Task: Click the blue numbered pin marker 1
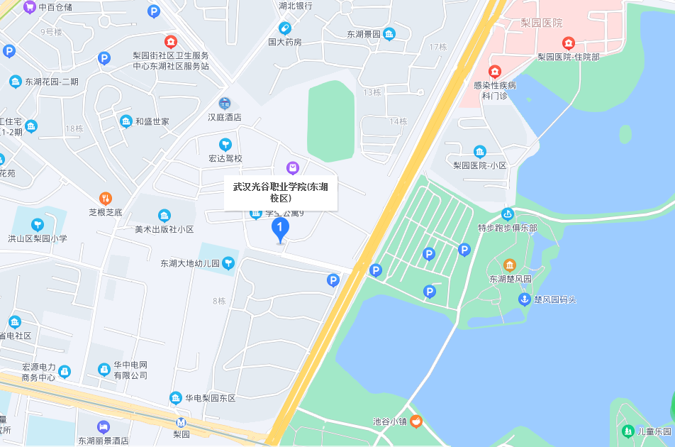tap(281, 228)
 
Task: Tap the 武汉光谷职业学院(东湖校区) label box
tap(281, 192)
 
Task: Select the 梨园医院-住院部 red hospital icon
tap(568, 43)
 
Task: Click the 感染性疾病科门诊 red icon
tap(494, 72)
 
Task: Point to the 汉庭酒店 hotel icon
tap(224, 104)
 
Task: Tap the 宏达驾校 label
tap(225, 158)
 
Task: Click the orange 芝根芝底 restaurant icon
tap(105, 199)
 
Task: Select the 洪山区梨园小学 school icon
tap(37, 225)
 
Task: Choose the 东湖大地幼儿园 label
tap(190, 264)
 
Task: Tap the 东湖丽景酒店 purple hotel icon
tap(104, 426)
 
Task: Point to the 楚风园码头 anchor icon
tap(524, 299)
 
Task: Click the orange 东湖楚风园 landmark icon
tap(510, 265)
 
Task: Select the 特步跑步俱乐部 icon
tap(508, 214)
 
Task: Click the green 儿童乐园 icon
tap(627, 431)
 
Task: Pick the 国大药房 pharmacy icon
tap(285, 28)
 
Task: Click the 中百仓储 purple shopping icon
tap(29, 7)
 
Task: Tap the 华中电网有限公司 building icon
tap(104, 370)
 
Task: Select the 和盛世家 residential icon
tap(126, 121)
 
